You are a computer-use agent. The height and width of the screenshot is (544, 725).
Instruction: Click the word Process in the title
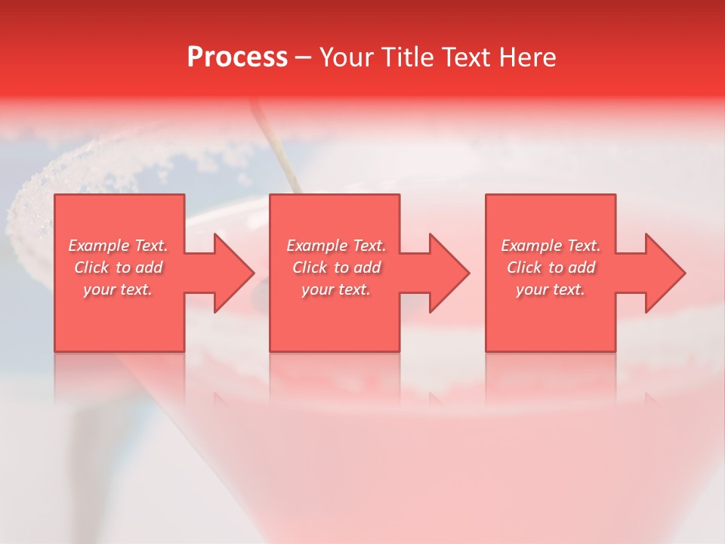(x=237, y=57)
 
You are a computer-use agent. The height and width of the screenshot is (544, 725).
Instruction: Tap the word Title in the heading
(x=407, y=57)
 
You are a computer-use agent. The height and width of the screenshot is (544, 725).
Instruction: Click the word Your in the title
(x=347, y=57)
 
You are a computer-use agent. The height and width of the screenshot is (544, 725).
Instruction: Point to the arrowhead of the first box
(x=230, y=273)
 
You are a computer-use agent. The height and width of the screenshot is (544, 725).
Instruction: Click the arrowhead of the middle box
(x=446, y=273)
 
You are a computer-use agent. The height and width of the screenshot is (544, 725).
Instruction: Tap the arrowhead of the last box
(x=662, y=273)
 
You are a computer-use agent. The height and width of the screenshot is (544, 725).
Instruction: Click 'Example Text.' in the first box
(x=118, y=246)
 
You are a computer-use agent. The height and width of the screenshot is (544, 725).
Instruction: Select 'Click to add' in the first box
(x=118, y=267)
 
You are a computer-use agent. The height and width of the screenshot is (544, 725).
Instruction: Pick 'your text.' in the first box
(x=118, y=289)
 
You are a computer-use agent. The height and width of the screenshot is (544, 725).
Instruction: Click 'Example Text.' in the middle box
(x=336, y=246)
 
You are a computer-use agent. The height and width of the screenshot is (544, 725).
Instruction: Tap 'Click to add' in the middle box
(x=336, y=267)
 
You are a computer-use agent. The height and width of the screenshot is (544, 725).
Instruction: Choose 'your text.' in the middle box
(x=336, y=289)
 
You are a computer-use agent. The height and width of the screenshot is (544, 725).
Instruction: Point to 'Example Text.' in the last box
(x=551, y=246)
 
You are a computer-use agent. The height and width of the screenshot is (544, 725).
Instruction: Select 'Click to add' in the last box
(x=551, y=267)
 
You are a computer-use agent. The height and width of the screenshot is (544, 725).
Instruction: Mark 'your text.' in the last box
(x=551, y=289)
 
